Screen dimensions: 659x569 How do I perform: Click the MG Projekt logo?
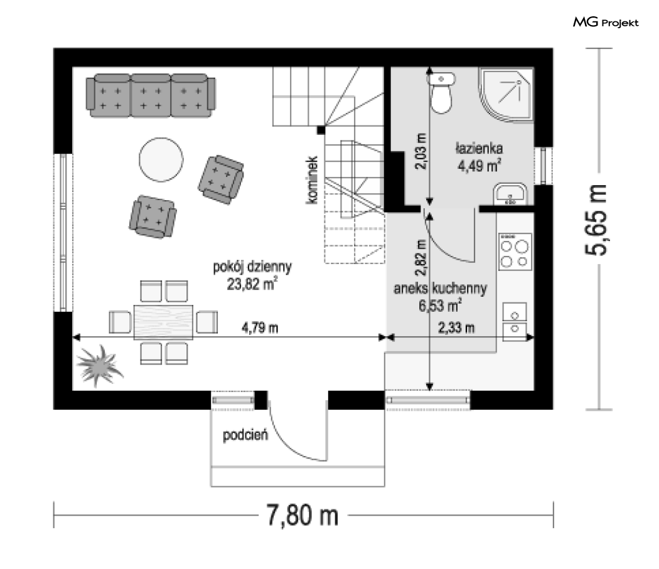point(606,23)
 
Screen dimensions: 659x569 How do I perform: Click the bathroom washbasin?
point(510,194)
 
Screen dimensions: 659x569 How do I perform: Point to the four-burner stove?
point(515,252)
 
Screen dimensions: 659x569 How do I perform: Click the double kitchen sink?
point(515,321)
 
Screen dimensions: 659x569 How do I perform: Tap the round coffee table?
point(161,160)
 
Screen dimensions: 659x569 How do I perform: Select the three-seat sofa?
point(151,96)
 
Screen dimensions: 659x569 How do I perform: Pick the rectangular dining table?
point(163,322)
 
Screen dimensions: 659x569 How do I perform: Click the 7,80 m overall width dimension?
point(303,515)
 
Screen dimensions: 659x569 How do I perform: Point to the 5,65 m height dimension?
point(596,220)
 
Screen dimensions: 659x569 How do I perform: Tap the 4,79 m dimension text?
point(260,327)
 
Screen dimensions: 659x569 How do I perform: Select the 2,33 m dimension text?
point(456,327)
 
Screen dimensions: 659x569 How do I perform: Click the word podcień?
point(245,435)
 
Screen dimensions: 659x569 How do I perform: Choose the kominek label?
point(311,180)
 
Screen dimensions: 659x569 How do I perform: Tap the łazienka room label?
point(479,148)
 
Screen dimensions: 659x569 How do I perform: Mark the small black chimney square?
point(321,130)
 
